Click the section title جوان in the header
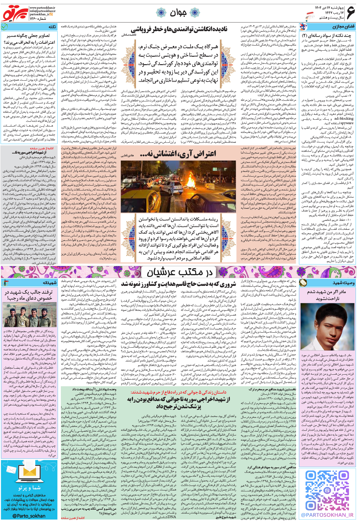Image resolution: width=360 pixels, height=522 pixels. click(178, 13)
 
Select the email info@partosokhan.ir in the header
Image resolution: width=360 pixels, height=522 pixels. click(42, 11)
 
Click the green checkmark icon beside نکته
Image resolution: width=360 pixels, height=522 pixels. click(4, 27)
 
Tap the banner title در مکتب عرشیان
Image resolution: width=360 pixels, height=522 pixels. click(179, 272)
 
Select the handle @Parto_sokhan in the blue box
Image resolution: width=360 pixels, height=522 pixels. click(29, 516)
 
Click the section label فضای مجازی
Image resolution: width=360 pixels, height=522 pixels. click(343, 27)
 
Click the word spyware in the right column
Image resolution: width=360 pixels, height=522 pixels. click(347, 123)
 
